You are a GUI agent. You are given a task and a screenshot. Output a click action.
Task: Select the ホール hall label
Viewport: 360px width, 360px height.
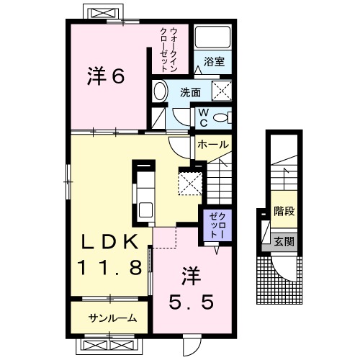point(213,145)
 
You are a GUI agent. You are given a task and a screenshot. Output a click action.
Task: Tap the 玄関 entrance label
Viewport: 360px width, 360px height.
point(284,241)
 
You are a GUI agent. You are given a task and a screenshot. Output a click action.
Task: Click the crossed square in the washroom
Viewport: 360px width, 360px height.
point(221,91)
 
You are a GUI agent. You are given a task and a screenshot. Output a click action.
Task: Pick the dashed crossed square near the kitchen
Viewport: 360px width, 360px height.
point(191,181)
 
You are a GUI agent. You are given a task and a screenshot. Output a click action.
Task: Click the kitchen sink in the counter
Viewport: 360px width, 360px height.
point(144,212)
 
